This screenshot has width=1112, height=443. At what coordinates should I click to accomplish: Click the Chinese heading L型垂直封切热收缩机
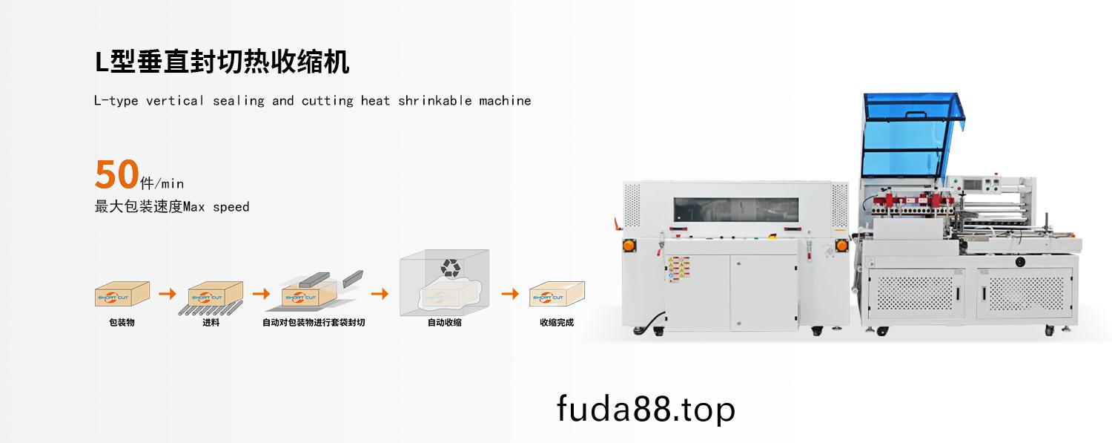(222, 62)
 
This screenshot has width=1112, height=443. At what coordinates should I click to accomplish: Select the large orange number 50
(116, 175)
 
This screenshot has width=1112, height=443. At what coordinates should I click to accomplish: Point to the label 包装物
(122, 323)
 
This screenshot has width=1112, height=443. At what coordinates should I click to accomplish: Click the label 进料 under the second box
(211, 323)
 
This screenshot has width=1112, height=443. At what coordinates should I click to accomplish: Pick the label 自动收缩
(444, 323)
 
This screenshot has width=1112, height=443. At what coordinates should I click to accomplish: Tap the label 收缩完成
(556, 323)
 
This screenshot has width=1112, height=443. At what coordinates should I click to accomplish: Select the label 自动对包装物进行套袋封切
(314, 323)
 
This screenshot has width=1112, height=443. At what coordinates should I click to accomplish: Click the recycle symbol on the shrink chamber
(450, 267)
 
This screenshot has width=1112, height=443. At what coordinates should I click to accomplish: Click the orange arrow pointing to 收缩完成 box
(510, 294)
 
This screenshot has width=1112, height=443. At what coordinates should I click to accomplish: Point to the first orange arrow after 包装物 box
(168, 294)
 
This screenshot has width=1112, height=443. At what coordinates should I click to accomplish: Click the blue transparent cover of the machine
(906, 137)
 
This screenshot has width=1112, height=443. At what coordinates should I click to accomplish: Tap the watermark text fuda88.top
(646, 409)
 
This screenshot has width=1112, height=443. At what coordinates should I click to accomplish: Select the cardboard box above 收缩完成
(557, 294)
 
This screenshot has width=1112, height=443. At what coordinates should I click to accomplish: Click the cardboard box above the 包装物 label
(122, 294)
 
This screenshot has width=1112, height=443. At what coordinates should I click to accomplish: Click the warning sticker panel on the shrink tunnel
(678, 269)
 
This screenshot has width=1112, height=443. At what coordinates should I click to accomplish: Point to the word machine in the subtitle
(505, 101)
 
